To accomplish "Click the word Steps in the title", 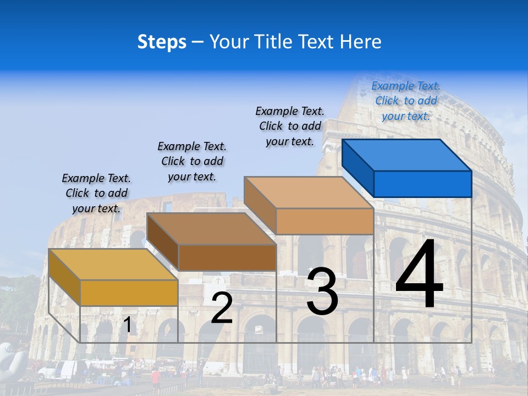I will pos(162,42).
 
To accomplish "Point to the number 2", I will pos(222,308).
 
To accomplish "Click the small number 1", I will pos(128,325).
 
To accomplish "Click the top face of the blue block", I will pos(406,155).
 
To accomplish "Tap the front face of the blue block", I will pos(422,184).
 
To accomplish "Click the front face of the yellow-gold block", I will pos(129,293).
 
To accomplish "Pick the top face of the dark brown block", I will pos(211,228).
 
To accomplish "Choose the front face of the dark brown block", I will pos(227,257).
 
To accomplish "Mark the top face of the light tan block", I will pos(309,193).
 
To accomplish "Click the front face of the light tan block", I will pos(324,221).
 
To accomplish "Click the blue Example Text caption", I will pos(406,101).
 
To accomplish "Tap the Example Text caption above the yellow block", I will pos(96,193).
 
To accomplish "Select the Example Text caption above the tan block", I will pos(290,126).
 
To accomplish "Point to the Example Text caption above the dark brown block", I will pos(192,161).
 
